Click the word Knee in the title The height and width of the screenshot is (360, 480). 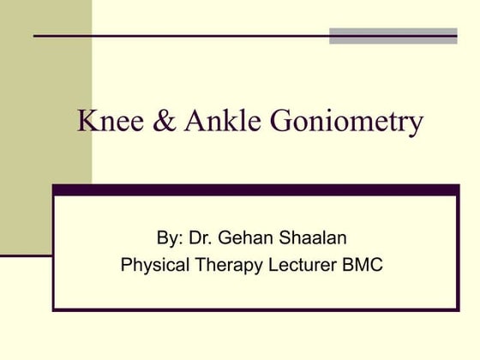[x=105, y=122]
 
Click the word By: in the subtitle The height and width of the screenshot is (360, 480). [x=171, y=237]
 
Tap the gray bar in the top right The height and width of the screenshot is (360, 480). [x=393, y=35]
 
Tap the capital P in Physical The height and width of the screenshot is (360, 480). [x=127, y=265]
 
